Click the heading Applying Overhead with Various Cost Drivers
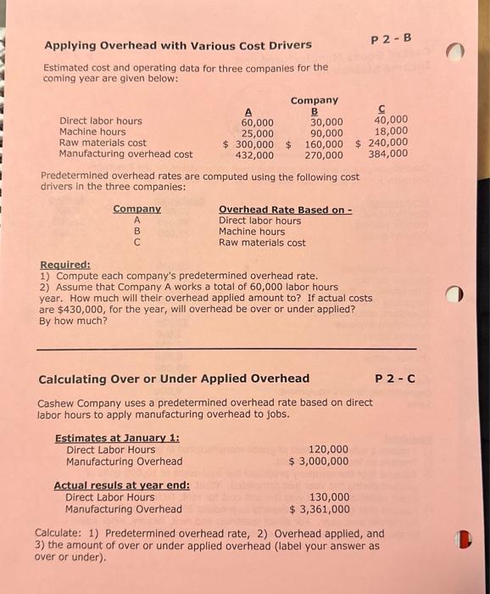click(x=177, y=45)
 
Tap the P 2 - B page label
click(x=391, y=38)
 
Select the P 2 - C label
click(x=394, y=378)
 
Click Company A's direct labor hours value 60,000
click(x=252, y=121)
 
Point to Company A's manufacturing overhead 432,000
click(x=253, y=155)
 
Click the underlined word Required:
click(x=65, y=264)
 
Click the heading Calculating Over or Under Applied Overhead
click(x=174, y=378)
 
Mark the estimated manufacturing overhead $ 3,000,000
click(x=318, y=462)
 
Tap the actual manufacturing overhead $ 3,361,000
click(x=319, y=509)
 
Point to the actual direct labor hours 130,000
click(x=329, y=497)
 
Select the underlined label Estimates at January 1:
click(x=117, y=438)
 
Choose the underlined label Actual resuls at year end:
click(x=121, y=485)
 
